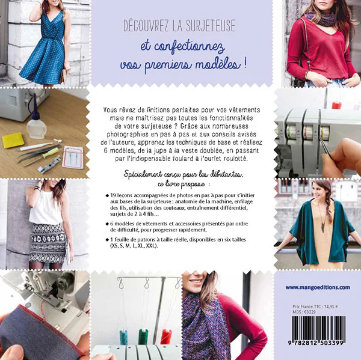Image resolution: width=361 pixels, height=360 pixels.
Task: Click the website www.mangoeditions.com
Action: coord(316,287)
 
